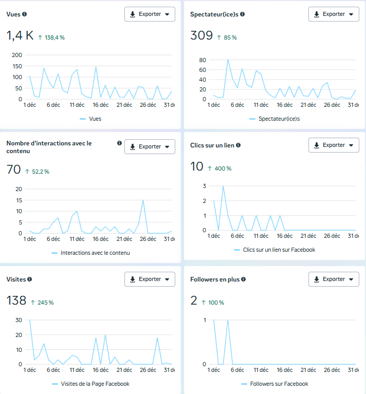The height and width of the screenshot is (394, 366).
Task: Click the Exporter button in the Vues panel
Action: (x=150, y=14)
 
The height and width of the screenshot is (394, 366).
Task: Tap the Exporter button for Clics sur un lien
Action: (x=334, y=145)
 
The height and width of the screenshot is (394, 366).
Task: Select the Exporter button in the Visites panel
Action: (x=150, y=279)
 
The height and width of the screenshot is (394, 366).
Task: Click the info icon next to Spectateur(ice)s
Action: (x=243, y=14)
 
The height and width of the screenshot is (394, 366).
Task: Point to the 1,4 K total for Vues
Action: (x=20, y=36)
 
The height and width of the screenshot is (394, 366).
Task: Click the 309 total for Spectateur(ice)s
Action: (x=201, y=36)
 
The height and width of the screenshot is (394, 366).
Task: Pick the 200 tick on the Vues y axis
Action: (x=17, y=55)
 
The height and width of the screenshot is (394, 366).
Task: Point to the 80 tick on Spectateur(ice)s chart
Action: (x=203, y=60)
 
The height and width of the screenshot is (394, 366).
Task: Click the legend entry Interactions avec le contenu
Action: (x=95, y=253)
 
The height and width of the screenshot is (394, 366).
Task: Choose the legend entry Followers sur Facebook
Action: (x=278, y=384)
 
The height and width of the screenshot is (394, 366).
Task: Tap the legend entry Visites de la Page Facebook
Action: (x=95, y=384)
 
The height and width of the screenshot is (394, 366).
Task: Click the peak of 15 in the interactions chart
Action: (x=143, y=200)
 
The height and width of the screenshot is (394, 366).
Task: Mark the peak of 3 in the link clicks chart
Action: (x=223, y=186)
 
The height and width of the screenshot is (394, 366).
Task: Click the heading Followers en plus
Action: (x=215, y=279)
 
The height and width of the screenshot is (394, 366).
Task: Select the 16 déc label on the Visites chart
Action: (x=101, y=370)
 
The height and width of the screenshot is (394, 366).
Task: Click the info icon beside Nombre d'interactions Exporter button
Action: (x=119, y=143)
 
